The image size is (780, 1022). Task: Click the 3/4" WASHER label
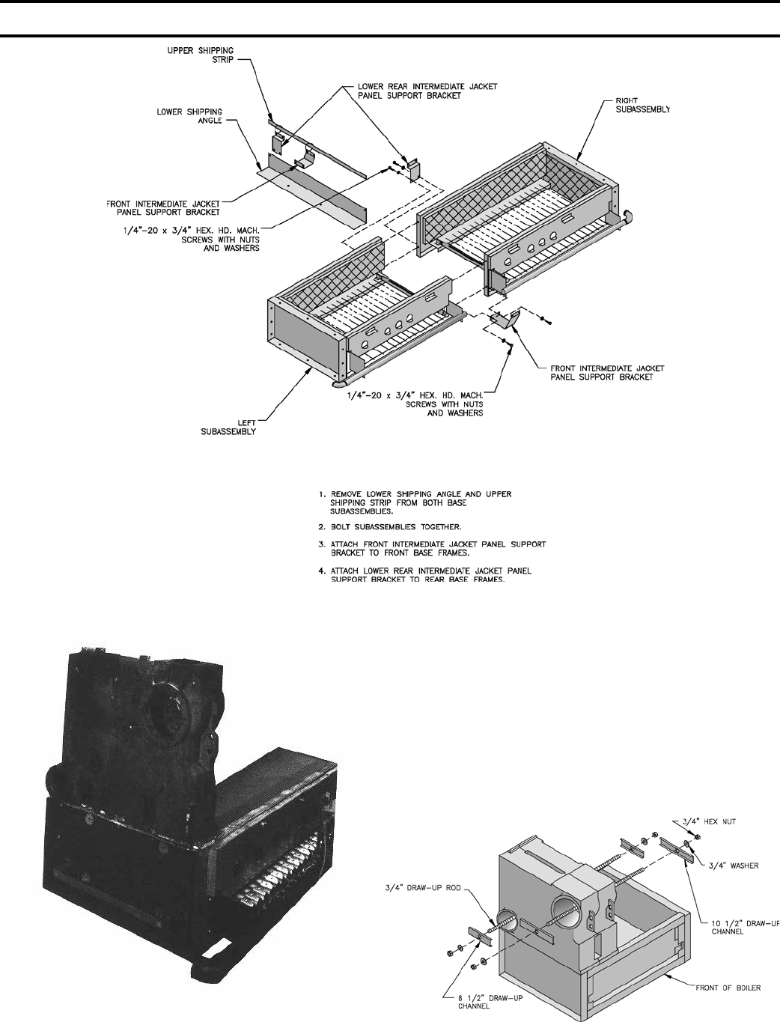tap(734, 866)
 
